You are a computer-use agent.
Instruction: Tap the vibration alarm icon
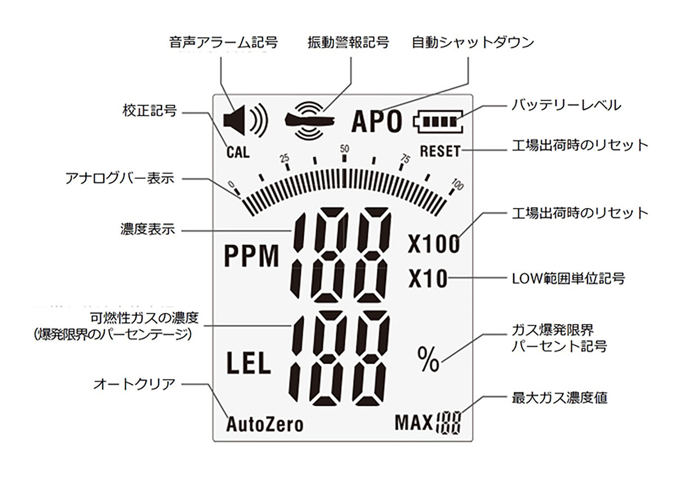309,120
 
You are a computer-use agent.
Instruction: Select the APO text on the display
377,121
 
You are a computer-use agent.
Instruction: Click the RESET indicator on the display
440,152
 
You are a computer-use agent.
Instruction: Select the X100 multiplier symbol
433,244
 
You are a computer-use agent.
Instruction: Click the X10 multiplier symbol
428,279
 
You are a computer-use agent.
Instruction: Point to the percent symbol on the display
428,360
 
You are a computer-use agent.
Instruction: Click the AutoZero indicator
264,424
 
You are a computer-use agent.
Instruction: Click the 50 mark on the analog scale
344,149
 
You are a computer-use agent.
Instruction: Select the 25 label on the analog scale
285,158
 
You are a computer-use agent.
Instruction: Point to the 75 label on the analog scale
404,158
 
